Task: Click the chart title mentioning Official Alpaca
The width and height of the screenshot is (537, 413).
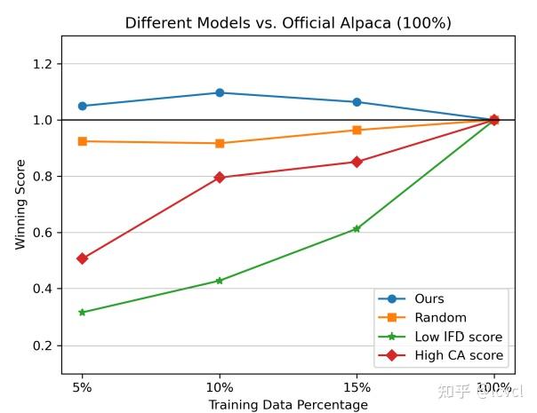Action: [287, 23]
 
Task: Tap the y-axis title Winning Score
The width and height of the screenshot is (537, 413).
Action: [20, 204]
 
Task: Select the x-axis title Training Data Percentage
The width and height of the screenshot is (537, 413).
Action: [287, 405]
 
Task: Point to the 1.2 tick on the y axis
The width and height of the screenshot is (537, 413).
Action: [41, 64]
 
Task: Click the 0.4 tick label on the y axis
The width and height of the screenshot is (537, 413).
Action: [41, 289]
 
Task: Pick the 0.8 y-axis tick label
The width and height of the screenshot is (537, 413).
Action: [41, 177]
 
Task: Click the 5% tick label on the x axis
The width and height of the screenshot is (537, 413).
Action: [82, 388]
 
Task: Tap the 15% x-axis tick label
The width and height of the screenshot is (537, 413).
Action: [357, 388]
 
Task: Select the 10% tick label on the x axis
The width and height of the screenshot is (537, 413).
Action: [220, 388]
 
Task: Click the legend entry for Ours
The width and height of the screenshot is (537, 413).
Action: [429, 299]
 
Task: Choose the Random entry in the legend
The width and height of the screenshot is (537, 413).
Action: [439, 318]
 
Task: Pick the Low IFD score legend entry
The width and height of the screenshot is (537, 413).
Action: [458, 337]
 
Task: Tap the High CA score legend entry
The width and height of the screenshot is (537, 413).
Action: [459, 355]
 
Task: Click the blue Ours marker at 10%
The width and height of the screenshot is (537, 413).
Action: [220, 92]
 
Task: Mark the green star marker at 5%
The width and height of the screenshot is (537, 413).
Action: [82, 313]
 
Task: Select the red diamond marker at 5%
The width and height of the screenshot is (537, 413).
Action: [82, 258]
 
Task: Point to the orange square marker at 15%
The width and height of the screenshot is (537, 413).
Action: [357, 130]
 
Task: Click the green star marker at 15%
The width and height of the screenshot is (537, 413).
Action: [357, 229]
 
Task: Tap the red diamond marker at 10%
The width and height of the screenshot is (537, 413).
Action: [220, 178]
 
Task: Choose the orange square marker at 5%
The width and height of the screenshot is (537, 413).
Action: [82, 141]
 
